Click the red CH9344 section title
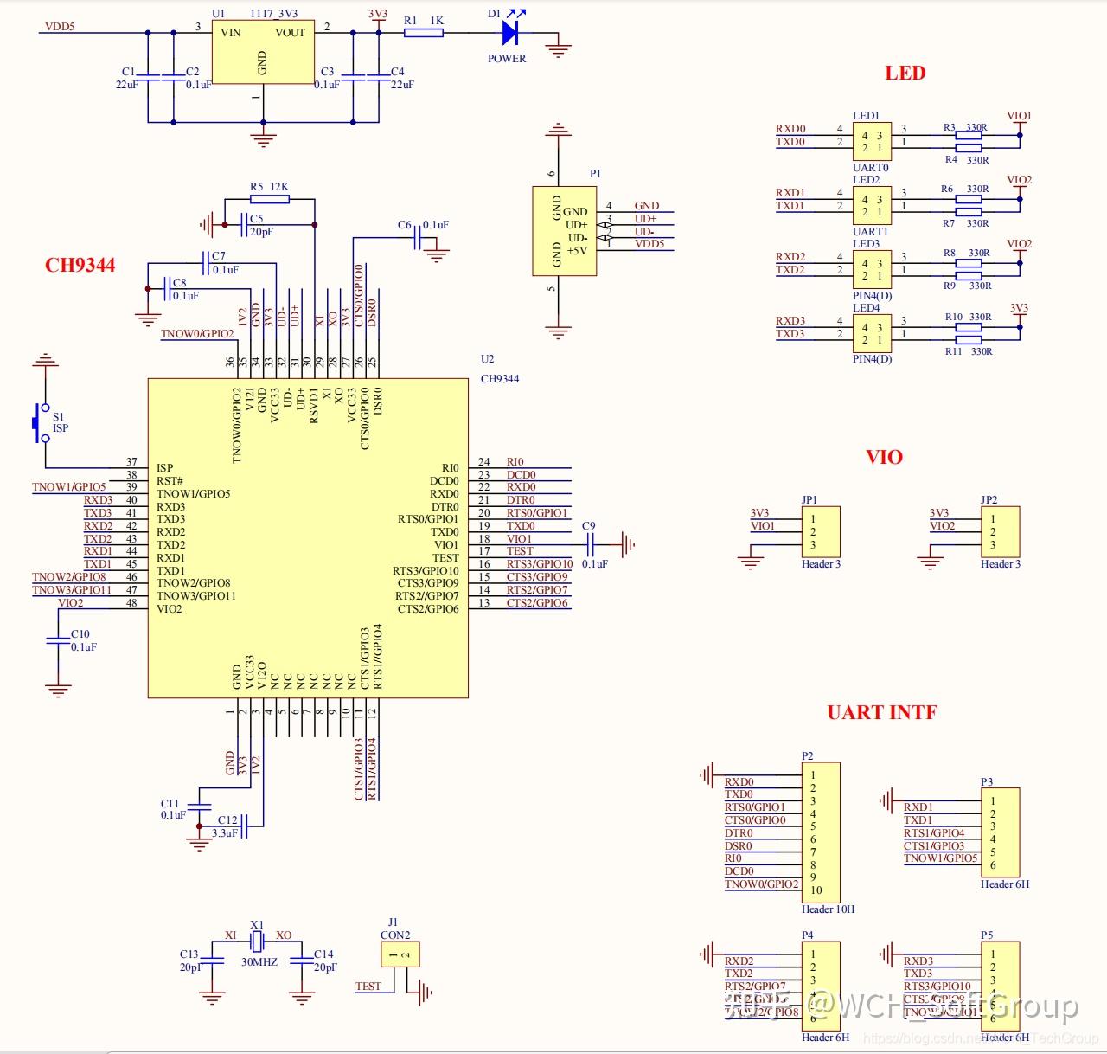coord(80,266)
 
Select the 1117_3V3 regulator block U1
coord(263,54)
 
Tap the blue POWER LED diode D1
coord(509,34)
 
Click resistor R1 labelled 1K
coord(424,33)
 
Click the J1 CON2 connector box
coord(400,954)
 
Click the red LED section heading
coord(905,74)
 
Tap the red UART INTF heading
coord(881,712)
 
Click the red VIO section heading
coord(884,457)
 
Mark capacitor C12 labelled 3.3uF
coord(246,826)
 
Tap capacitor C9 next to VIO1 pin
coord(593,544)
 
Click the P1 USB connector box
coord(564,231)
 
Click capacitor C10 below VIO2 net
coord(58,639)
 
